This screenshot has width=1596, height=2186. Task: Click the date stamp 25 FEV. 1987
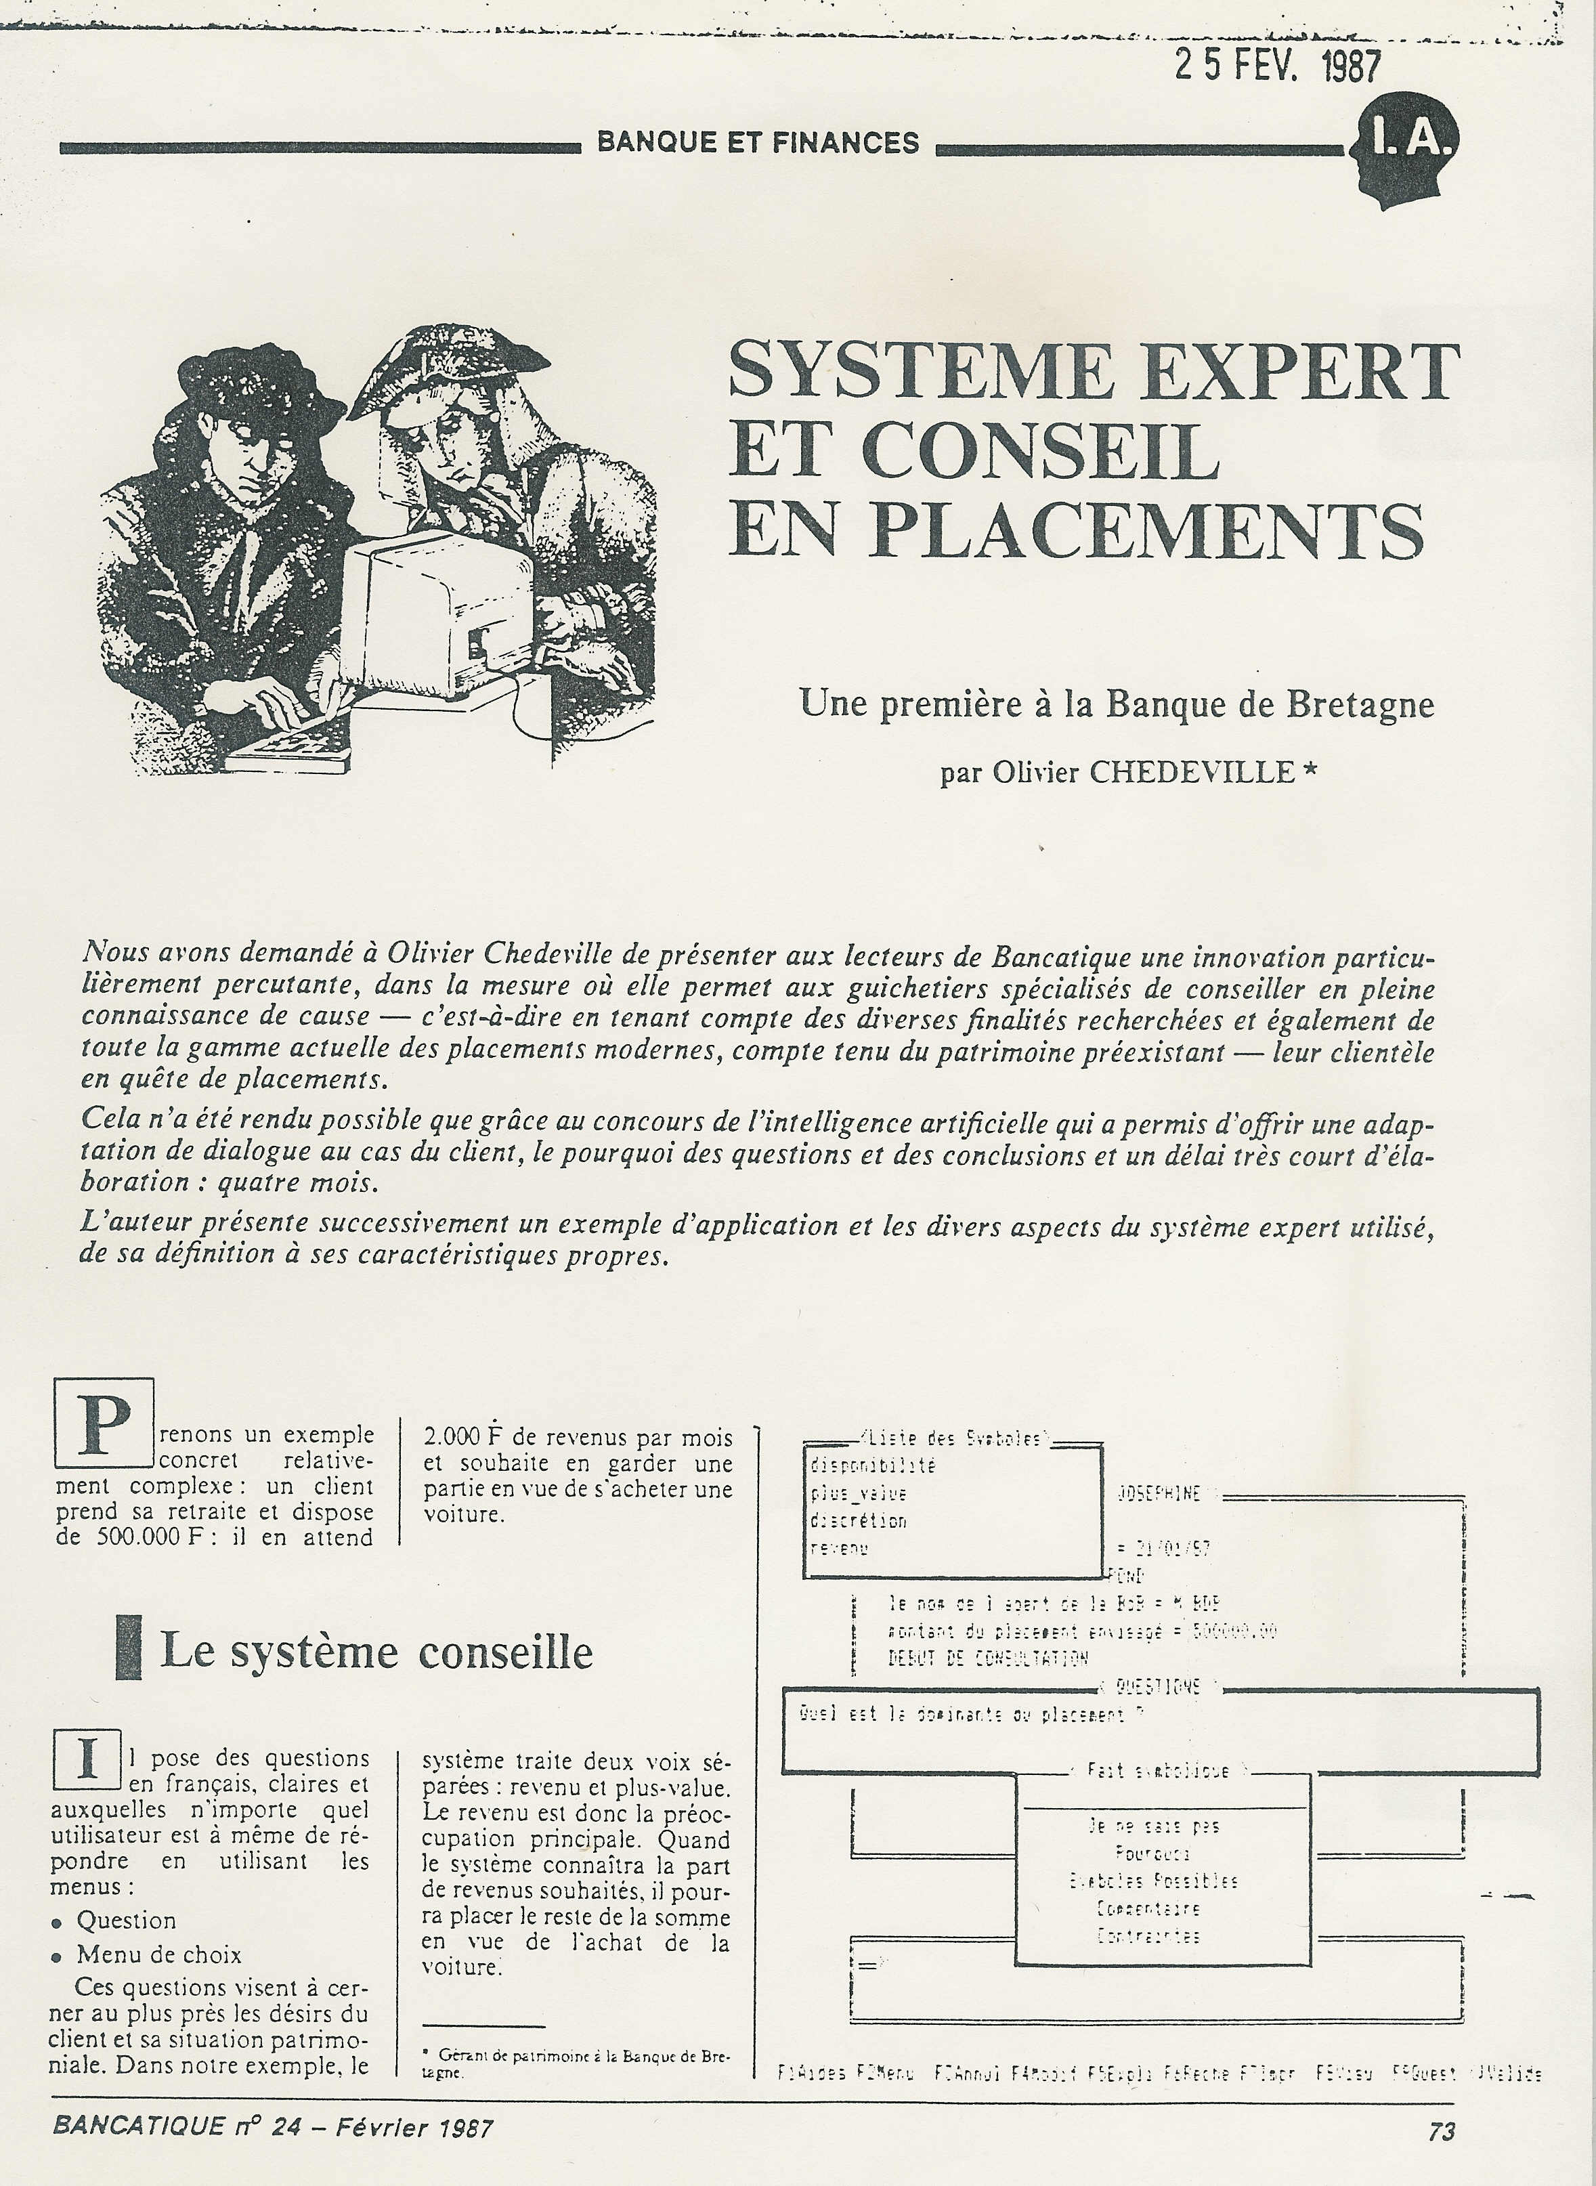[x=1277, y=65]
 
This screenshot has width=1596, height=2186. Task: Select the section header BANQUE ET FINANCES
[x=758, y=143]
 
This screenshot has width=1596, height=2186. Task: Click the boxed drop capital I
[x=87, y=1760]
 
